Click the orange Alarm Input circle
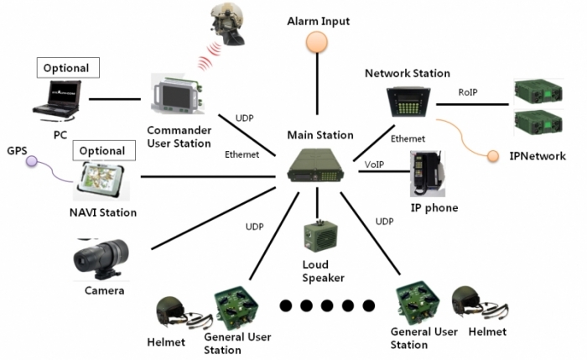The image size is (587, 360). click(317, 42)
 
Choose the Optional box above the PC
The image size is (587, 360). click(68, 67)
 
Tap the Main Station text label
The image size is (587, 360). click(320, 135)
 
